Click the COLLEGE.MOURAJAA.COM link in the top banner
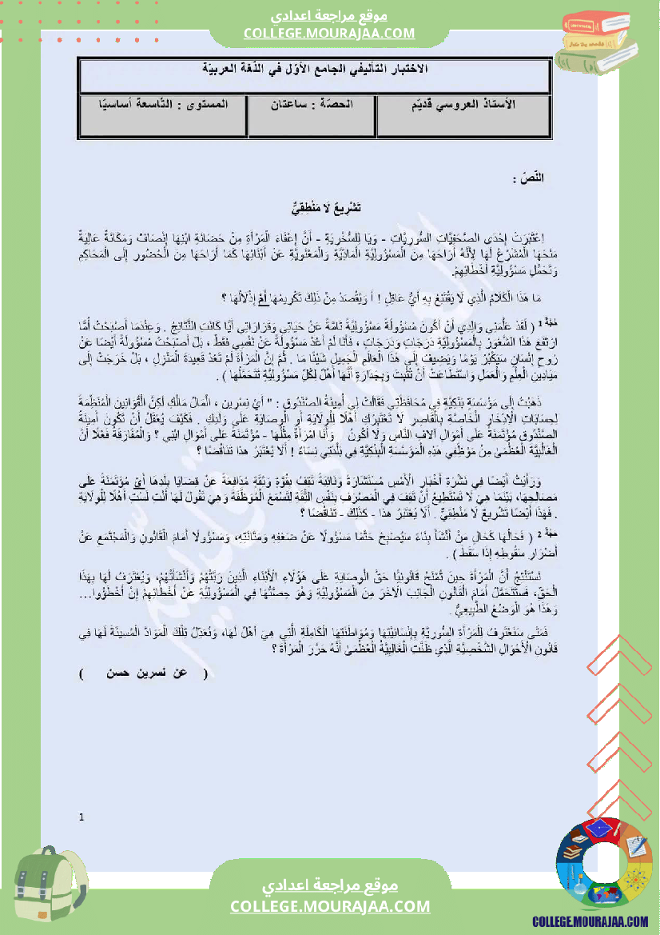click(329, 34)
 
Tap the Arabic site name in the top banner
click(329, 17)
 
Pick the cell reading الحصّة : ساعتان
click(312, 106)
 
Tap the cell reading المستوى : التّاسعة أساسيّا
click(163, 106)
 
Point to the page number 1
click(82, 817)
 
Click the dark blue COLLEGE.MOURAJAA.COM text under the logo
click(590, 921)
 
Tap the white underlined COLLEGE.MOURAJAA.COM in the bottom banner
click(330, 906)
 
